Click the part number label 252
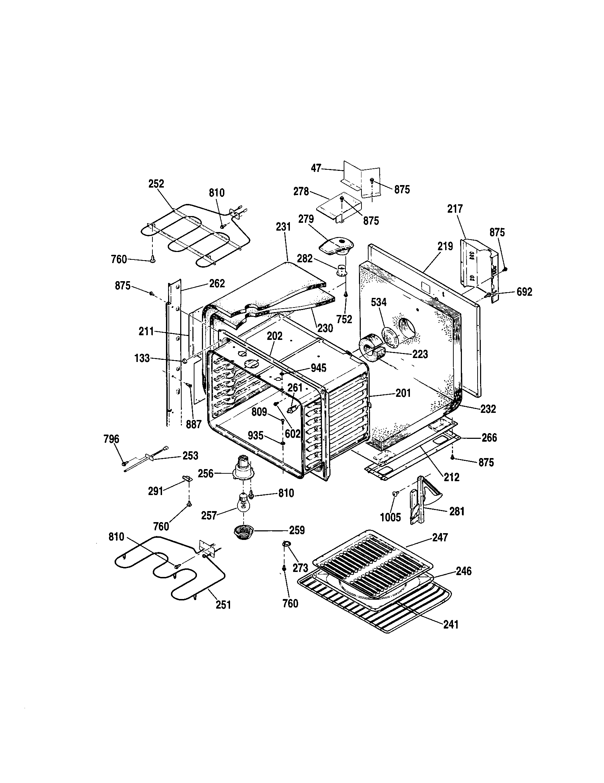pos(156,184)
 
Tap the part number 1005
pos(390,517)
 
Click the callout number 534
pos(379,303)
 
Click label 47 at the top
pos(316,168)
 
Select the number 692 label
pos(524,292)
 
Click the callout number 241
pos(451,624)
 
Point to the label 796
pos(111,439)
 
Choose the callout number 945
pos(318,368)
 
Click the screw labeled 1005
pos(396,494)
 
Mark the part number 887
pos(193,424)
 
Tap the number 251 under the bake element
pos(223,605)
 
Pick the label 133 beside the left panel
pos(142,358)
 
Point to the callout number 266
pos(489,437)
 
